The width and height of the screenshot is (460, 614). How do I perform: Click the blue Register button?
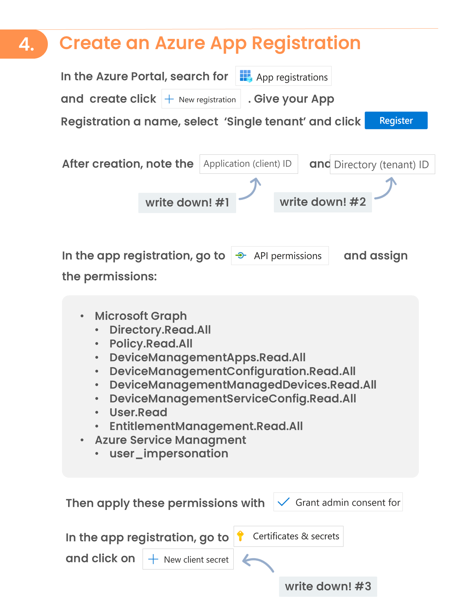coord(396,120)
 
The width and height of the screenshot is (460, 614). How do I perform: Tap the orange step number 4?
coord(26,44)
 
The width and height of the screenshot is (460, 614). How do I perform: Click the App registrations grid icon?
coord(246,76)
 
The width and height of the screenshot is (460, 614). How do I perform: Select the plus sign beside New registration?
coord(169,99)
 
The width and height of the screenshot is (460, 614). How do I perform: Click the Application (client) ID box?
coord(248,164)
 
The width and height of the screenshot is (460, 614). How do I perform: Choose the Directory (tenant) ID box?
coord(382,165)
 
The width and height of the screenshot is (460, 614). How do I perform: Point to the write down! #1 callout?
coord(187,203)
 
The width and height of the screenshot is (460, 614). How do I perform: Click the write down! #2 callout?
coord(323,202)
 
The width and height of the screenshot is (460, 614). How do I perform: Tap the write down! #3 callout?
coord(328,586)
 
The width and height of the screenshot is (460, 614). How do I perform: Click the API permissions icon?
coord(241,255)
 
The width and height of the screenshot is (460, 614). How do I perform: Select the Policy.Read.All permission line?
coord(151,344)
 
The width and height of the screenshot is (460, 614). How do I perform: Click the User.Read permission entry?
coord(138,412)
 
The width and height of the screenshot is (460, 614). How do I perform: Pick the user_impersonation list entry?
coord(169,453)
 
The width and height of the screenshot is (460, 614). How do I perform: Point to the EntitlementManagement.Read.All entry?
coord(206,426)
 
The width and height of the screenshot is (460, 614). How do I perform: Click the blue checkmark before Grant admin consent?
coord(284,502)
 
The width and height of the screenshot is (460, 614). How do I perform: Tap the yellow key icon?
coord(240,536)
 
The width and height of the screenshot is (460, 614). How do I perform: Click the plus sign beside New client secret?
coord(153,559)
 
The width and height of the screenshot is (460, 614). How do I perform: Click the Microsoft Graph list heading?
coord(141,316)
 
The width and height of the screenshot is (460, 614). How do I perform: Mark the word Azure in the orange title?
coord(180,43)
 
